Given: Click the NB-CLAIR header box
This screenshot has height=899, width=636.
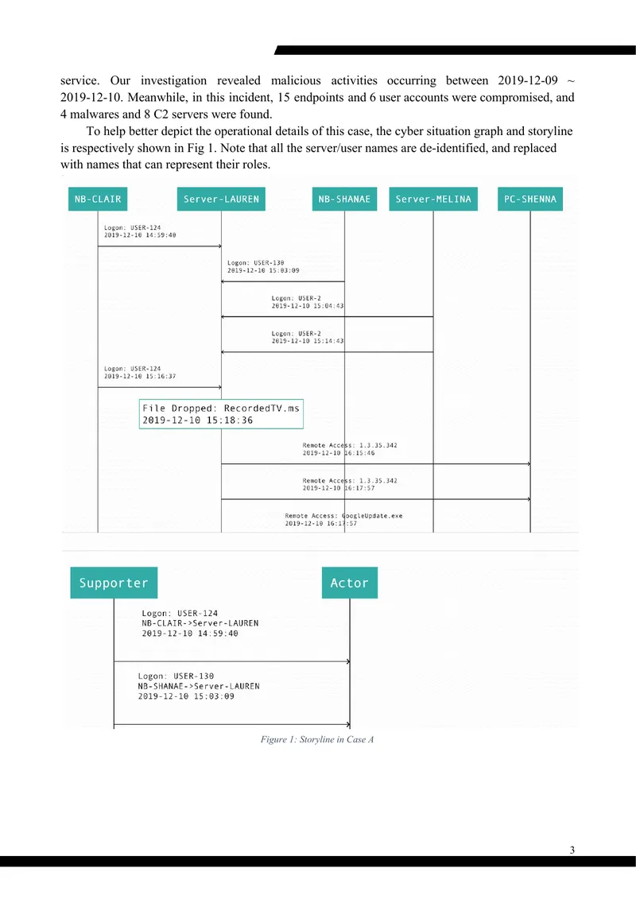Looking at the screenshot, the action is (98, 199).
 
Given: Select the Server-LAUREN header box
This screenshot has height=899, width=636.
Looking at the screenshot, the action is (221, 199).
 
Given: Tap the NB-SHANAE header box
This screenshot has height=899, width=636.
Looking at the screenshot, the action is (344, 199).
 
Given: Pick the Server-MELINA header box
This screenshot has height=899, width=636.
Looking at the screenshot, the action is (433, 199).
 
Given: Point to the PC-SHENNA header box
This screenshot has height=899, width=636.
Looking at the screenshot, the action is (530, 199).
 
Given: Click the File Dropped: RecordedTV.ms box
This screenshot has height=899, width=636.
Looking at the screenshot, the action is (221, 414).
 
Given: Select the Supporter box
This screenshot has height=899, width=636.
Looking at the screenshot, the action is (114, 583).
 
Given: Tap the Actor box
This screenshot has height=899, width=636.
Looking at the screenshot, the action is (349, 583).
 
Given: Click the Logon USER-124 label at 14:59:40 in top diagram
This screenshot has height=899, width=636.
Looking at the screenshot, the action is (140, 231).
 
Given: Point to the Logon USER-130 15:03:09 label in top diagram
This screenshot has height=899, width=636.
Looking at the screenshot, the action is (263, 266).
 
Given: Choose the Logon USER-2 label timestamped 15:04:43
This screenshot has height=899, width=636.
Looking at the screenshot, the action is (308, 302).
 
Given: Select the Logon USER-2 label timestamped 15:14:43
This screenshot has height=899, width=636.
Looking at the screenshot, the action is (308, 337).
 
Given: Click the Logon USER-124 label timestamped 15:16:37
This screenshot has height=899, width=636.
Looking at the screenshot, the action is (140, 373).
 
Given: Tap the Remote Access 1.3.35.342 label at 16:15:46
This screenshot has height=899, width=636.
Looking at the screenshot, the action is (350, 449).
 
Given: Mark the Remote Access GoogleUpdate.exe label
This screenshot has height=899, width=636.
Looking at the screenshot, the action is (343, 519).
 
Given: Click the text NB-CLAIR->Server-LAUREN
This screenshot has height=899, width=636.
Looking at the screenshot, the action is (200, 623).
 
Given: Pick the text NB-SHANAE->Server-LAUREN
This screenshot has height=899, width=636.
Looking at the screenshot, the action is (199, 686).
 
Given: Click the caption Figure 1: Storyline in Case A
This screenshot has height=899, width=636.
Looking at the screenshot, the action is (317, 739).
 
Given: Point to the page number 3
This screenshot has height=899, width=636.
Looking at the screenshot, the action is (572, 850).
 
